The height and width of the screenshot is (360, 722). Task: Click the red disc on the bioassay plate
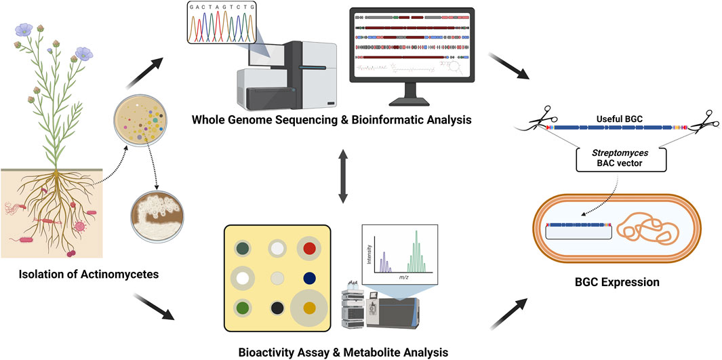(x=310, y=249)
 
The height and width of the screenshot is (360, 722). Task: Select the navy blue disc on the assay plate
(x=310, y=277)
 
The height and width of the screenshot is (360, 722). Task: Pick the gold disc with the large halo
(x=310, y=309)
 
